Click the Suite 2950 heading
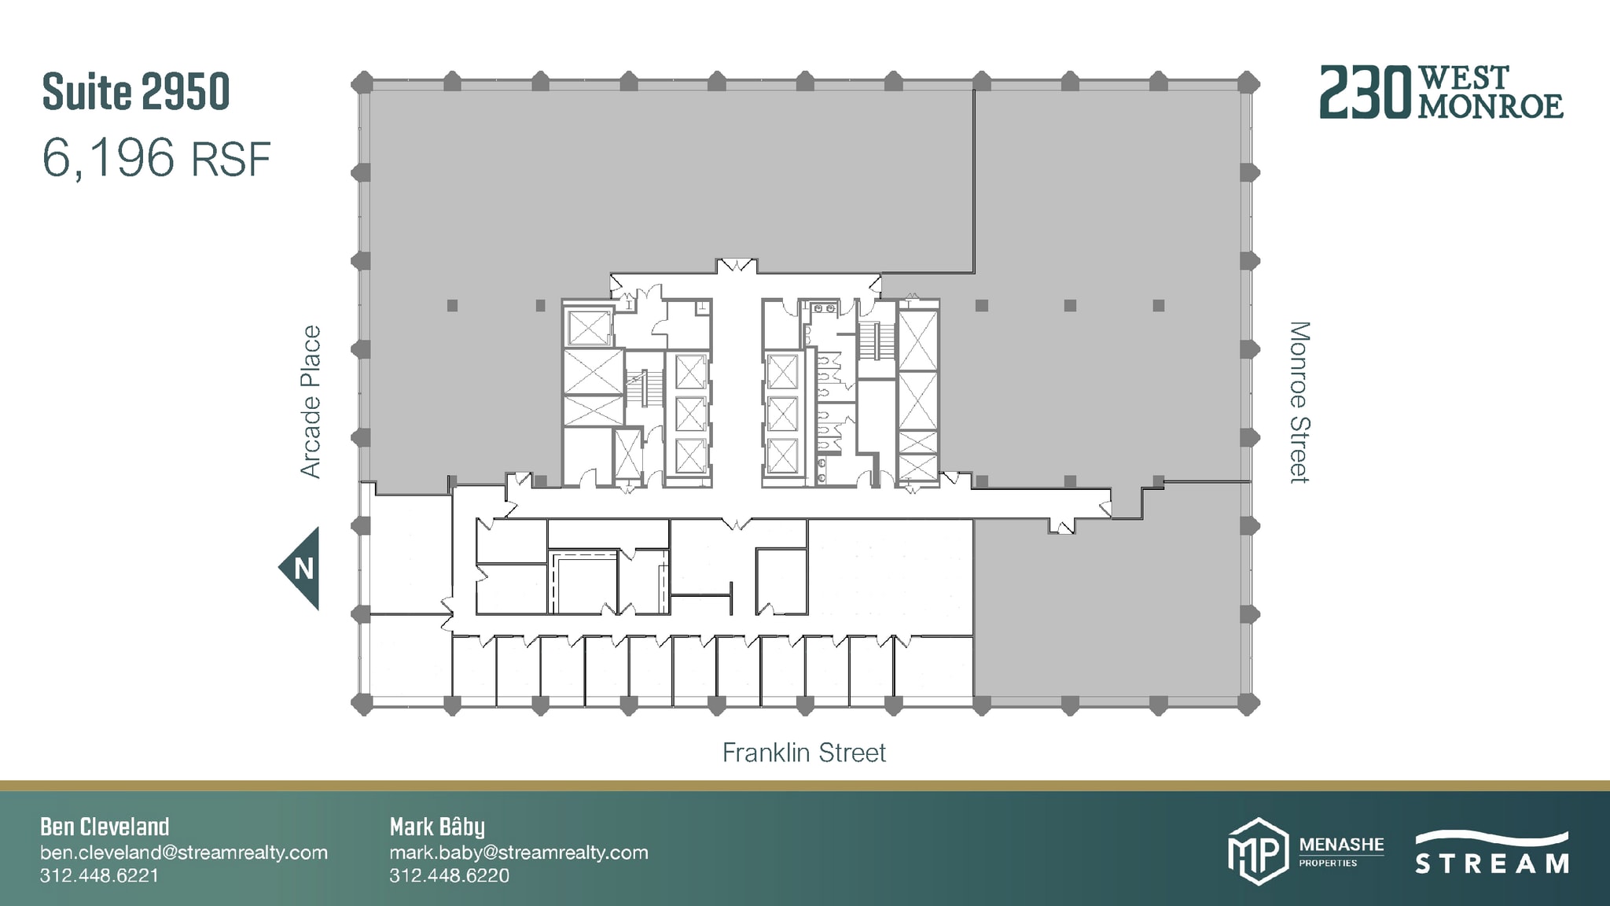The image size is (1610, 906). click(x=135, y=92)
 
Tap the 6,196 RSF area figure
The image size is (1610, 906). click(x=156, y=158)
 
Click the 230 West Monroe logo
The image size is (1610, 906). click(x=1440, y=93)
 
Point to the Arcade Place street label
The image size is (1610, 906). click(x=311, y=401)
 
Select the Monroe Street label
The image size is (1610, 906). click(x=1299, y=402)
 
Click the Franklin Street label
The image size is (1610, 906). click(x=803, y=753)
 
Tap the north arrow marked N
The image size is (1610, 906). click(x=302, y=568)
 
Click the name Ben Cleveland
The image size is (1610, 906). click(x=105, y=827)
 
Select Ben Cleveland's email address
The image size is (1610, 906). click(x=183, y=853)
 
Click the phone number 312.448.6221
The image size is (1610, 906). click(x=99, y=875)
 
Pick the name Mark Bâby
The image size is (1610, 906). click(x=437, y=827)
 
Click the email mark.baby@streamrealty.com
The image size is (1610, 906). click(x=518, y=853)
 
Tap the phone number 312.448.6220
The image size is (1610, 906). click(x=449, y=875)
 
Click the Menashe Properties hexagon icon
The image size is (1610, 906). click(x=1257, y=852)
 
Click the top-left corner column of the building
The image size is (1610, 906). click(x=362, y=82)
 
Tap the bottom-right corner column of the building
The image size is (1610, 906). click(x=1248, y=705)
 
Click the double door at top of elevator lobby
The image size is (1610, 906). click(x=737, y=265)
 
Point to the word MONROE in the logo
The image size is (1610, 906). click(x=1491, y=107)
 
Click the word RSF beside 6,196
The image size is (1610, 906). click(x=231, y=160)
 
